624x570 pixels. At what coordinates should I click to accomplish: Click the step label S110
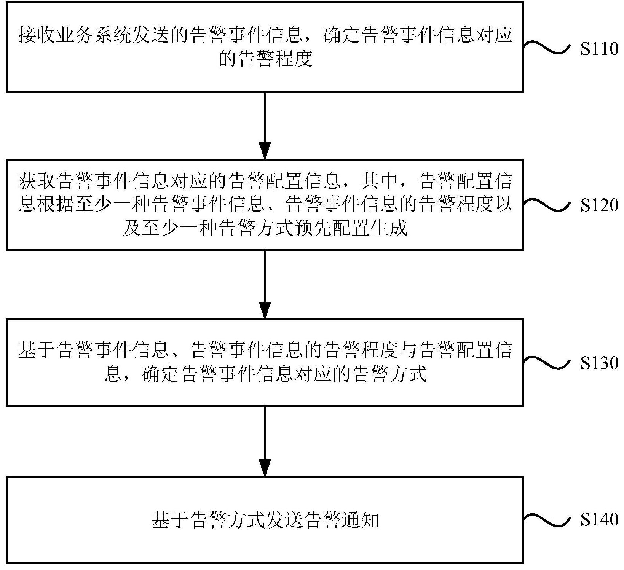point(599,49)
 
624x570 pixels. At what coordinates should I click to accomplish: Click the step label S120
point(599,206)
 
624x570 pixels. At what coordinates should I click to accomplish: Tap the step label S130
point(599,363)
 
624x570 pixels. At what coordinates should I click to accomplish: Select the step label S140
point(599,519)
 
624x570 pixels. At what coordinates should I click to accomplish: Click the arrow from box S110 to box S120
point(265,126)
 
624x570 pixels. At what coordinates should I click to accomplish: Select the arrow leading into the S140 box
point(265,441)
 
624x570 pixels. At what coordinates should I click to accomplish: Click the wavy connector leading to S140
point(547,519)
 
